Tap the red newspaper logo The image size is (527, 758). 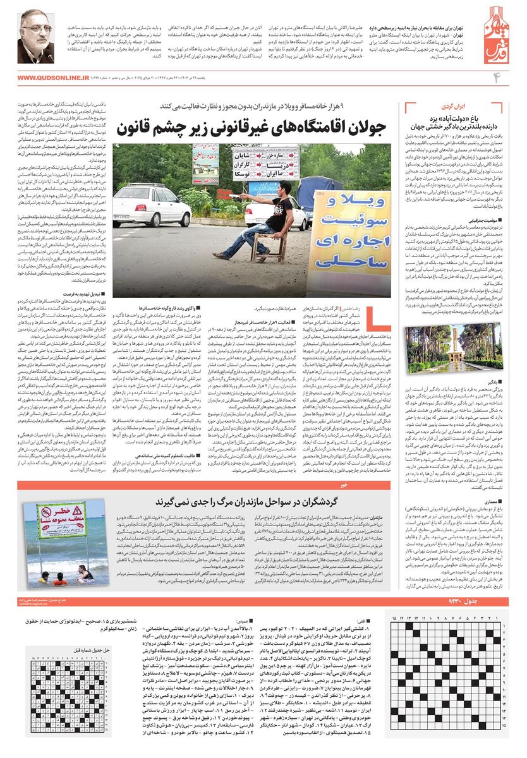[x=499, y=38]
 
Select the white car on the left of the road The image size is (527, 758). [x=150, y=203]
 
